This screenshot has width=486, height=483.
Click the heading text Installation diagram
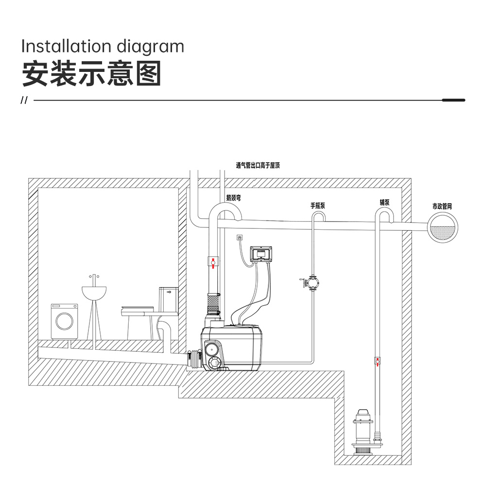pos(103,47)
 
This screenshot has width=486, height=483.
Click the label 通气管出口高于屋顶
pos(258,165)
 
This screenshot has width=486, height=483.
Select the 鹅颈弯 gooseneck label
pos(233,198)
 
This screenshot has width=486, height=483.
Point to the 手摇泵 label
pos(318,206)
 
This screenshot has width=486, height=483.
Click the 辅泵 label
pos(384,203)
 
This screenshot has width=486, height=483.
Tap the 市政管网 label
pos(442,207)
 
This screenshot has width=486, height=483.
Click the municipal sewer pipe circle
pos(443,228)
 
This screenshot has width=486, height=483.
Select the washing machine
pos(65,321)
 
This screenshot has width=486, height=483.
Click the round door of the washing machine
pos(65,321)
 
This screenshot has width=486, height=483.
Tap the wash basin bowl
pos(94,293)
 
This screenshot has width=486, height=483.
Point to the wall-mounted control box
pos(261,255)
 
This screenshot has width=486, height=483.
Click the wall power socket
pos(239,238)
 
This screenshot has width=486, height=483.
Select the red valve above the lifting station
pos(213,262)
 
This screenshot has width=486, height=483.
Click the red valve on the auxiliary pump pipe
pos(378,361)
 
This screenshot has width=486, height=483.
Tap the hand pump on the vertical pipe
pos(311,282)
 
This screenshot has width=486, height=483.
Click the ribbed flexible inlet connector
pos(194,360)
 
